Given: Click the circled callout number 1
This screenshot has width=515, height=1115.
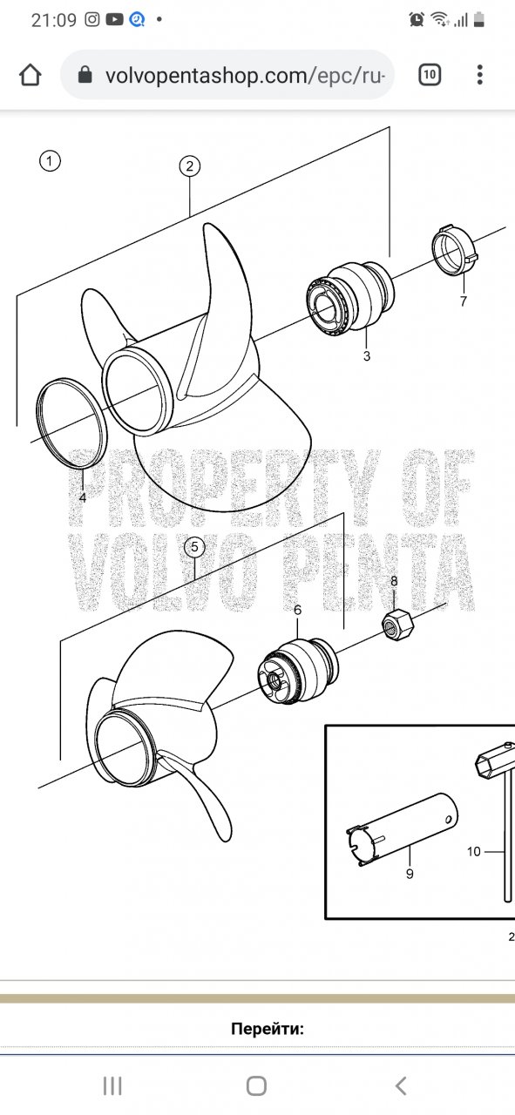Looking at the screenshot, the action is (x=50, y=161).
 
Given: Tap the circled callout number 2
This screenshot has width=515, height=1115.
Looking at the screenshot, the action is (x=189, y=166).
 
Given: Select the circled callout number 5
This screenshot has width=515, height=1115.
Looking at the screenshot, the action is (x=194, y=546).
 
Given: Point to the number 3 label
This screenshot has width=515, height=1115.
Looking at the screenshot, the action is (x=367, y=356).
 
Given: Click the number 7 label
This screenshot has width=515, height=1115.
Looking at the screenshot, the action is (x=464, y=301).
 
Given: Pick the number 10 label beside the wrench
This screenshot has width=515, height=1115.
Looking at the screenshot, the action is (x=474, y=851).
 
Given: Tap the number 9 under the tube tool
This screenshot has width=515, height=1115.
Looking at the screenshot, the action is (x=410, y=874).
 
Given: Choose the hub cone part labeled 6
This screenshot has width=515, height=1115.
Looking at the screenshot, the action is (x=298, y=670).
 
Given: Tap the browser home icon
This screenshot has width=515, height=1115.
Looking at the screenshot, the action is (x=30, y=75).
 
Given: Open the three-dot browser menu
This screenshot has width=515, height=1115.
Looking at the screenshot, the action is (x=479, y=75).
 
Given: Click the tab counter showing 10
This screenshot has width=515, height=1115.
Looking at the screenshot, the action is (x=430, y=75).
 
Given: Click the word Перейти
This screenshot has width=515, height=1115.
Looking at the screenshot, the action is (x=268, y=1029).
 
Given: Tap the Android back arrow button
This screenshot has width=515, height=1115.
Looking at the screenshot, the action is (x=401, y=1085).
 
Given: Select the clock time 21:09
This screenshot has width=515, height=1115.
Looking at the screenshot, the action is (x=54, y=20).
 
